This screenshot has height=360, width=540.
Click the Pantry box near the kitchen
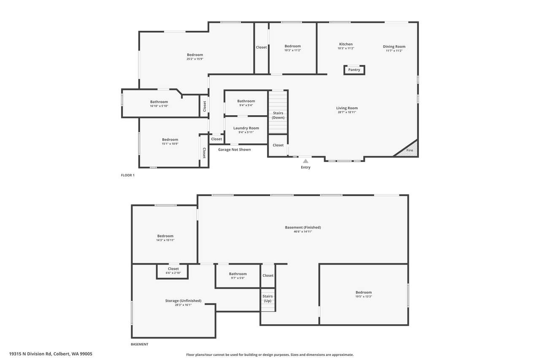pos(354,70)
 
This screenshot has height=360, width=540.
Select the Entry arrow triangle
pos(305,161)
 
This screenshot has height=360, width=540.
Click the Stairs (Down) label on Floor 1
pos(278,115)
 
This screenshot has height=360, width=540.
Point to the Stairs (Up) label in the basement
pos(267,298)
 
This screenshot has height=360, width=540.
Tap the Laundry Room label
pos(246,128)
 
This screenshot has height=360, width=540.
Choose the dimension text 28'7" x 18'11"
pos(347,112)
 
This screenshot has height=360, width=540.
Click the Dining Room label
pos(394,46)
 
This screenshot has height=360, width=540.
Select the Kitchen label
pos(346,44)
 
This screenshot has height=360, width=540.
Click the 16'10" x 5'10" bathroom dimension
pos(159,106)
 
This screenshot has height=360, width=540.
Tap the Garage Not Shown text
pos(234,149)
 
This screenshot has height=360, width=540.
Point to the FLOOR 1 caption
pos(128,175)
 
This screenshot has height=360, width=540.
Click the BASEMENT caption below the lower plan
pos(140,344)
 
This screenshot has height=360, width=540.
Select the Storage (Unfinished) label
pos(183,300)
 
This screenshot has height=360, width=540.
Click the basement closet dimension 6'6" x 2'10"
pos(173,273)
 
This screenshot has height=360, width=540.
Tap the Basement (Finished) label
pos(303,227)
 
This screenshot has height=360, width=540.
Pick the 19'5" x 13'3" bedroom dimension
pos(364,297)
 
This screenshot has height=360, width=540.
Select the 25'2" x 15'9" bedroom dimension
pos(195,59)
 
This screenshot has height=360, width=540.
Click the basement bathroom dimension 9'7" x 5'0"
pos(238,278)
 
